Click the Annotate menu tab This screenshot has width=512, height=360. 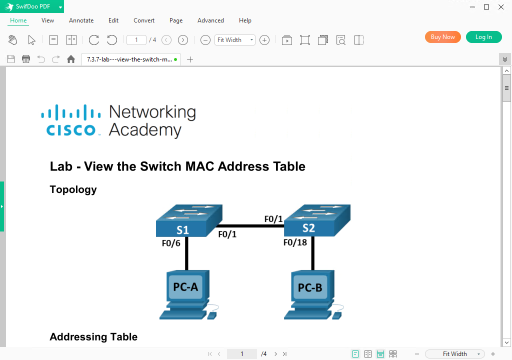(x=81, y=20)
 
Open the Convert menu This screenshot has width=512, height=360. (x=144, y=20)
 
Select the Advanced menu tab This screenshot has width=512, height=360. (x=210, y=20)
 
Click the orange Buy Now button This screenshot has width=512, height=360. (x=442, y=37)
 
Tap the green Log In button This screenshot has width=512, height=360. (x=483, y=37)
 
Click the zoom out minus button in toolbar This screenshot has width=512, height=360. (x=205, y=40)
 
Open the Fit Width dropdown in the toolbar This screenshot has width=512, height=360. (x=235, y=40)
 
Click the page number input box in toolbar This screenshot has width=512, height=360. (x=136, y=40)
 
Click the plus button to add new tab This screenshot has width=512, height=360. (x=190, y=59)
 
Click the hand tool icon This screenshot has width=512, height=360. (x=13, y=40)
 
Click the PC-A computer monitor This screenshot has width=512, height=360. (x=185, y=286)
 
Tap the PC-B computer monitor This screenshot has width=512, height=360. (x=310, y=287)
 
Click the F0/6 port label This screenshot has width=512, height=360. (x=171, y=243)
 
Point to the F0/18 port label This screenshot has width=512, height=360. (x=295, y=242)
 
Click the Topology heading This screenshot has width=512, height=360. (x=73, y=189)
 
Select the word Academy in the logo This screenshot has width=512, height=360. (x=145, y=130)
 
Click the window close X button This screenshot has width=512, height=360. (x=501, y=7)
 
